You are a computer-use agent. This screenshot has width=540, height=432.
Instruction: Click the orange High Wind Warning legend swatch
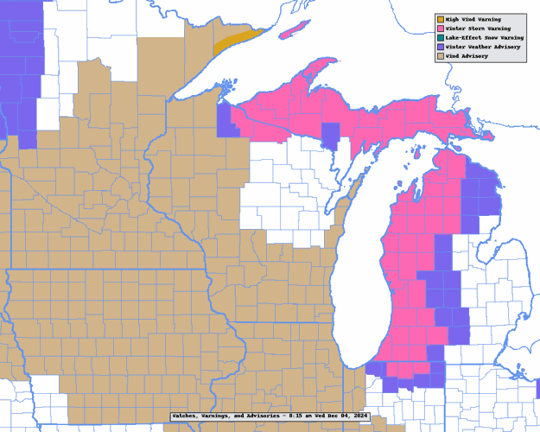point(440,19)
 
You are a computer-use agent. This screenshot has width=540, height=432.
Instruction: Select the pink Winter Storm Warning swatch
point(440,29)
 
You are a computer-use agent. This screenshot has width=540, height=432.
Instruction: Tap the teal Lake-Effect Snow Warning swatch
point(440,38)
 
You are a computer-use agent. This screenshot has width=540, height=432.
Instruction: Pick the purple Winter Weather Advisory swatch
point(440,47)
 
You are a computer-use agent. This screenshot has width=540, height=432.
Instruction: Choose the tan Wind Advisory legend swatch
point(440,56)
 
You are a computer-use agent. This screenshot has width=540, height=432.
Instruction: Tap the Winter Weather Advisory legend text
point(485,47)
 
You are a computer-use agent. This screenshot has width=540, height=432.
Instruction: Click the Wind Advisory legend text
point(467,56)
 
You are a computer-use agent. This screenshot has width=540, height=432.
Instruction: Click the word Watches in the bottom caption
point(186,416)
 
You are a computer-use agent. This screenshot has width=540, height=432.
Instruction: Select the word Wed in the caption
point(320,416)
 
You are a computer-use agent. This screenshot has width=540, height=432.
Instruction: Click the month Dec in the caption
point(334,416)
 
